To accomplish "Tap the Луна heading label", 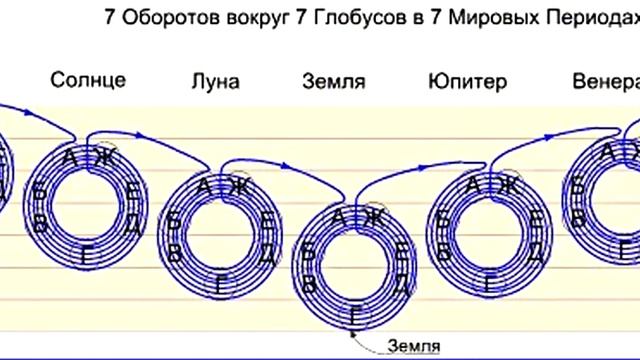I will [214, 81].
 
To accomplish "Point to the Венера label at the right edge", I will [605, 81].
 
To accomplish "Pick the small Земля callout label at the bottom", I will [416, 346].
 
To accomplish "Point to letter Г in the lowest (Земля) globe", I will [357, 317].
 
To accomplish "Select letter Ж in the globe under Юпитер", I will [507, 183].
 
